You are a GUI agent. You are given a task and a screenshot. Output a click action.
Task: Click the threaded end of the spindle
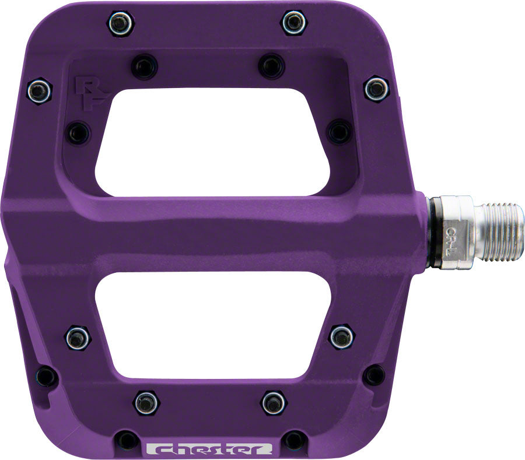(501, 231)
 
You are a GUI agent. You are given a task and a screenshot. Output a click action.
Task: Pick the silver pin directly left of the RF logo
(39, 90)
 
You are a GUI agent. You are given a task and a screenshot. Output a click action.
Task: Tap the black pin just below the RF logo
(77, 132)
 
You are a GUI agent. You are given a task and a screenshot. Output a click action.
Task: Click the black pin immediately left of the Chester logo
(127, 440)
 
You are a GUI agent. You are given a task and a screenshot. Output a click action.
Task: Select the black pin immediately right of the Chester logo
(294, 440)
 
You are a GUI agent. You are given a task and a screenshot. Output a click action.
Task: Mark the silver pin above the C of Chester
(146, 402)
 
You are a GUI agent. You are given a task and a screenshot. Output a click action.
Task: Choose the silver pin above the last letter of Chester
(273, 402)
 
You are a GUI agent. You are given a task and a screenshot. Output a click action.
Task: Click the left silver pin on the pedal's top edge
(120, 23)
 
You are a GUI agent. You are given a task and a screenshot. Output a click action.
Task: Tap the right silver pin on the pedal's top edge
(293, 22)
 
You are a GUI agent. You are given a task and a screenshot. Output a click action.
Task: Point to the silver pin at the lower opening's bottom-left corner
(77, 337)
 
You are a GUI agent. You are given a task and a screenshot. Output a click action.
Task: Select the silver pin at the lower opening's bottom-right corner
(341, 336)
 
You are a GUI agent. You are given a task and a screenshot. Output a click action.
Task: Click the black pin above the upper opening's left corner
(143, 66)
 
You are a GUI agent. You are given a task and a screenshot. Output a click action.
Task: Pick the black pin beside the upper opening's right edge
(339, 131)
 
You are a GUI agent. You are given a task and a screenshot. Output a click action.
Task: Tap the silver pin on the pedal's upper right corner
(376, 89)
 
